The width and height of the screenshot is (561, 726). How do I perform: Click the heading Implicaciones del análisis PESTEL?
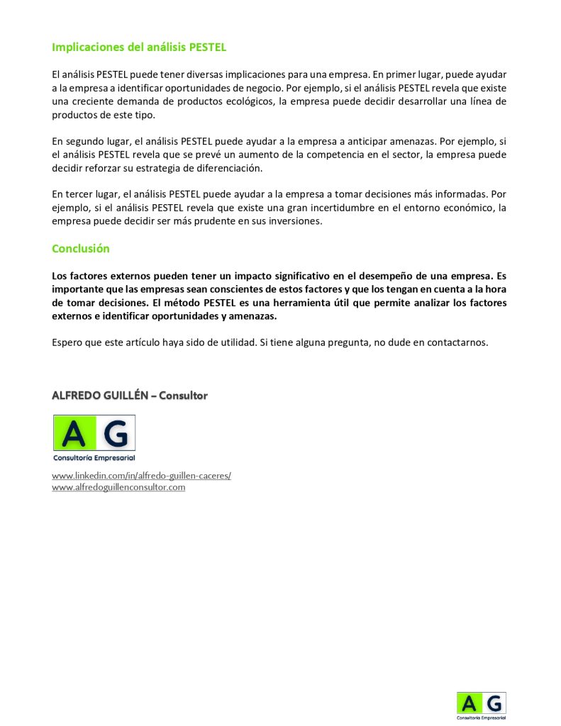point(139,48)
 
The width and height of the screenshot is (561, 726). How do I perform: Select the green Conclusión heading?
point(81,249)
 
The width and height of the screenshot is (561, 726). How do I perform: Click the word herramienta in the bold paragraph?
point(311,303)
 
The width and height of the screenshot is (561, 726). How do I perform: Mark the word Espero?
point(67,342)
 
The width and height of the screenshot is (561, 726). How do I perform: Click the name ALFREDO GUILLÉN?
point(99,396)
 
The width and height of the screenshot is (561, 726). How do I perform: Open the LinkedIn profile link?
point(141,476)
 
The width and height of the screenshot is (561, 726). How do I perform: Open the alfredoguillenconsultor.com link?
point(118,487)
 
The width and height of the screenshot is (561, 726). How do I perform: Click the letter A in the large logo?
point(74,432)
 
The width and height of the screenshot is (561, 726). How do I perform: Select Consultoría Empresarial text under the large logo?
point(94,458)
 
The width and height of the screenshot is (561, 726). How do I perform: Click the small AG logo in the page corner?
point(481,706)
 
